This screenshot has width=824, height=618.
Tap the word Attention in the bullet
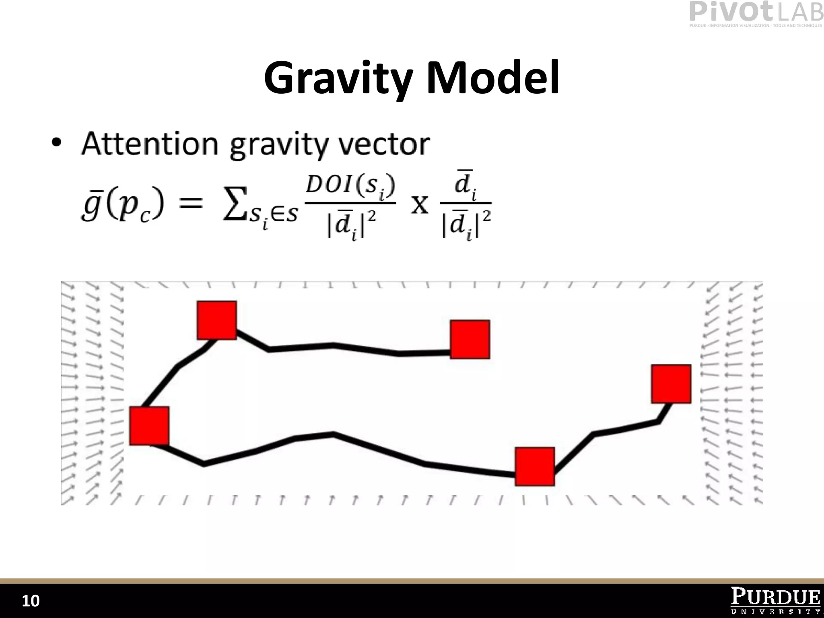[x=150, y=144]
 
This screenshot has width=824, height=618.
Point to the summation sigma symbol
[x=235, y=206]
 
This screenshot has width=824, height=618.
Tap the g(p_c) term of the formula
[x=122, y=205]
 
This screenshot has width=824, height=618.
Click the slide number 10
[x=31, y=601]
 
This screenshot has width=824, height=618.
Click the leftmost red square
[x=149, y=426]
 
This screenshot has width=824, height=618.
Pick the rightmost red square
[x=671, y=384]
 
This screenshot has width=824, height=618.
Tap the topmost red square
[x=217, y=320]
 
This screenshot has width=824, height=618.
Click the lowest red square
[x=535, y=466]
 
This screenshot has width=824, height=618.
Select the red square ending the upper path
[x=470, y=339]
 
